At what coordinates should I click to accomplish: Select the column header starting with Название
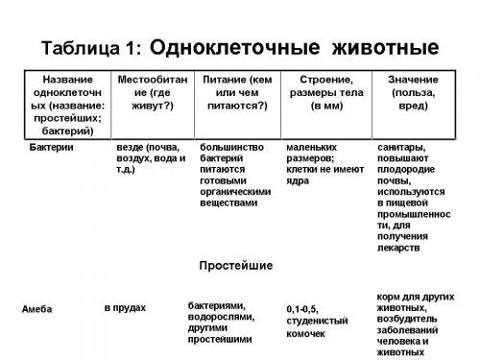point(60,104)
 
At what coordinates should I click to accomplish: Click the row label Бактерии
point(52,149)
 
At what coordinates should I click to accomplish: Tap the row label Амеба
point(36,308)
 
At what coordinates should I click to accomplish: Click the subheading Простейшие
point(235,264)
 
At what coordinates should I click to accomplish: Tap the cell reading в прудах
point(125,307)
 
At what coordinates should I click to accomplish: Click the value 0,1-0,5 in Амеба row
point(303,309)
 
